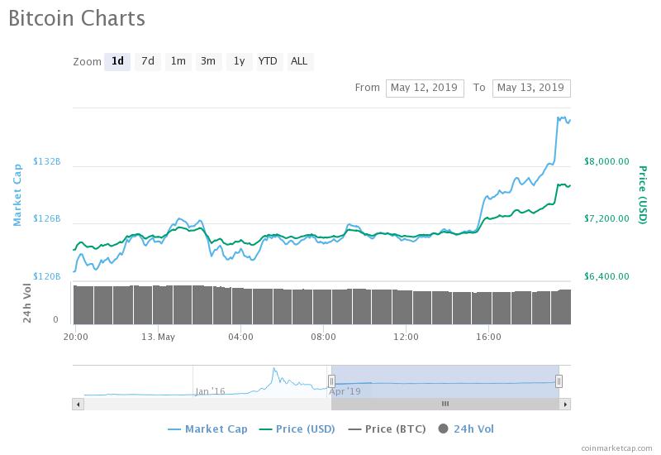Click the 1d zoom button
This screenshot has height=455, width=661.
(117, 61)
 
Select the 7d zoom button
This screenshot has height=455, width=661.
(147, 61)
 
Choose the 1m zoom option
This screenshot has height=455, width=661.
(178, 61)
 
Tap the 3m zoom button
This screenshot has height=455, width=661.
(208, 61)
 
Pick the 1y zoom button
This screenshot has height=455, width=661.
(239, 61)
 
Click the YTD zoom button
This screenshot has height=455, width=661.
(268, 61)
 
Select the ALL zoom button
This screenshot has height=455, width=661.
(299, 61)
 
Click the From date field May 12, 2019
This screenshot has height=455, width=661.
(423, 88)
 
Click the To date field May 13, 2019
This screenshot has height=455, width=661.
(530, 88)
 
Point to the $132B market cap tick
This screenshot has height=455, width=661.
(47, 161)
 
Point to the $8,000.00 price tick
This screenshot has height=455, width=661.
(606, 161)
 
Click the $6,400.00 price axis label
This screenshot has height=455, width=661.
(606, 276)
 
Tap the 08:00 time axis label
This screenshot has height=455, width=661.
(323, 337)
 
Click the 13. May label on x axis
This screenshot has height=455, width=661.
(158, 337)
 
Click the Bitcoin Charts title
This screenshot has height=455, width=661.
(77, 18)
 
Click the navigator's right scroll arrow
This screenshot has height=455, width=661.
(565, 404)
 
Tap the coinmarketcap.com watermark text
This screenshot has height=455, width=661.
(615, 447)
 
